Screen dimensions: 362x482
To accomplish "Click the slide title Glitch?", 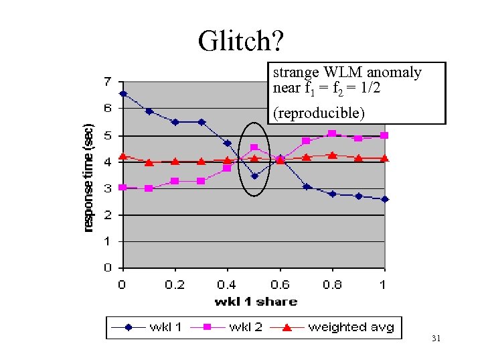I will [x=240, y=41].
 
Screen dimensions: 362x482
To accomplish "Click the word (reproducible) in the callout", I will [x=319, y=113].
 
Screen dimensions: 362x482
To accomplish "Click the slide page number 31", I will [x=436, y=339].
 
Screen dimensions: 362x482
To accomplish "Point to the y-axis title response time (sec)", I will [x=89, y=177].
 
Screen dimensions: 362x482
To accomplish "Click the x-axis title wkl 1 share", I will [x=256, y=302].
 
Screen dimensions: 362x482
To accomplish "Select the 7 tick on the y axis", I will [x=108, y=82].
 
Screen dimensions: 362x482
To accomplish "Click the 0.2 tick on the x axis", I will [x=175, y=284].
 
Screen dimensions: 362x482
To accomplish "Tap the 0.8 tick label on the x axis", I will [x=332, y=284].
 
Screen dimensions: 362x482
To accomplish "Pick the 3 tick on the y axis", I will [x=108, y=188].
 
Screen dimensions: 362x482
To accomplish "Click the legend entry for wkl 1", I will [x=149, y=327].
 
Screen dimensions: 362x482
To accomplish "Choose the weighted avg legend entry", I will [x=335, y=327].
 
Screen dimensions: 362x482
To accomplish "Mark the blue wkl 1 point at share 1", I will [x=385, y=199].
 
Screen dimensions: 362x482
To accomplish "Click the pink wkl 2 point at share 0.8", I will [x=332, y=133].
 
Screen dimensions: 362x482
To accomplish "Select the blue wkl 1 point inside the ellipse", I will [x=254, y=176].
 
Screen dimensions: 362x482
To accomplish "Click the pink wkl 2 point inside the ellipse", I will [x=254, y=147].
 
